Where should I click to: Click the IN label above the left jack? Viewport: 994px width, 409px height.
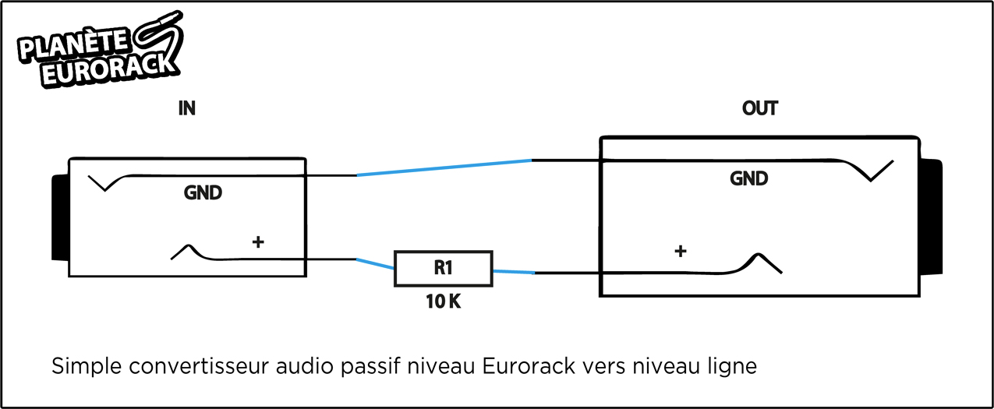(x=186, y=109)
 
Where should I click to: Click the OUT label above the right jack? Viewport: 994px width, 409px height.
(x=759, y=108)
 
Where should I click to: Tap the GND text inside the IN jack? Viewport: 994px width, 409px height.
(x=203, y=192)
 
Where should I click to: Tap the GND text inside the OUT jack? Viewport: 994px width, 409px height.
(x=748, y=178)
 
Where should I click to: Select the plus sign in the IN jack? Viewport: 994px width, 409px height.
(x=258, y=242)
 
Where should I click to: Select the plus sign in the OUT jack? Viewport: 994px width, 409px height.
(x=680, y=251)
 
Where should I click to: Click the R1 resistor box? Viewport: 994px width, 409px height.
(x=443, y=269)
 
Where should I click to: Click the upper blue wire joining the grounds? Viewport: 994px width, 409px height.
(x=444, y=167)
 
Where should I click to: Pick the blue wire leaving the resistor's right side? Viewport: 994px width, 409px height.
(x=513, y=271)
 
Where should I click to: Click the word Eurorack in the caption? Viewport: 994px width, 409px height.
(x=530, y=365)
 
